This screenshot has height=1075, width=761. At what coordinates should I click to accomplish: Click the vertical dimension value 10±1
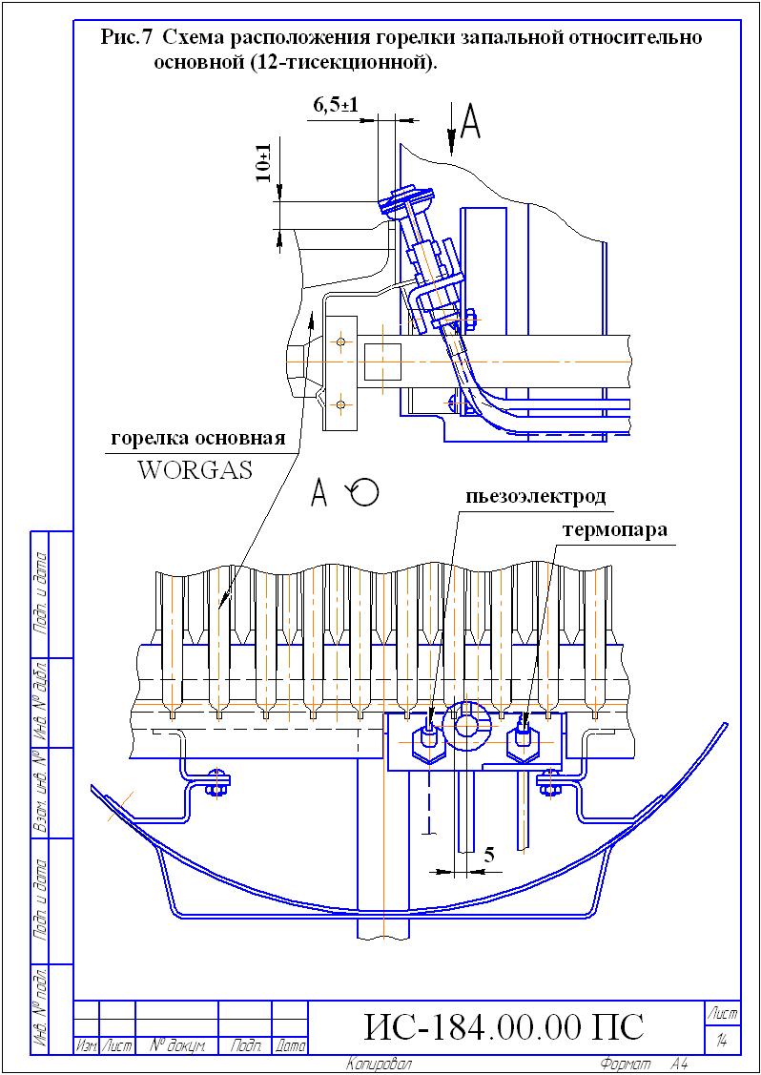[262, 164]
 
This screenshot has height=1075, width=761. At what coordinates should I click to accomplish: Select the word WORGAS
[195, 471]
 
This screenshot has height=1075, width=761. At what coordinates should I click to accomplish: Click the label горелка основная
[198, 438]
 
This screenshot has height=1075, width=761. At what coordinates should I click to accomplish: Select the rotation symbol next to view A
[363, 491]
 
